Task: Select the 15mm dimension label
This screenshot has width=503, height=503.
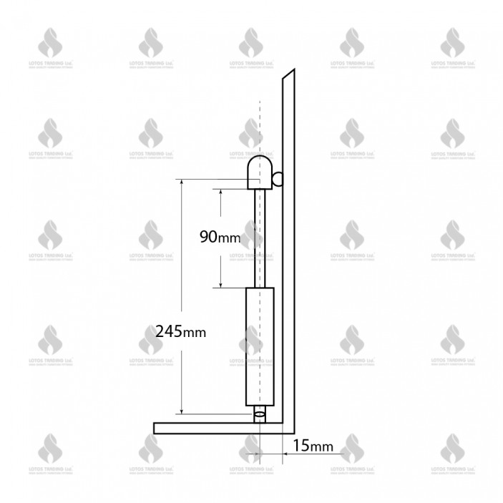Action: [313, 446]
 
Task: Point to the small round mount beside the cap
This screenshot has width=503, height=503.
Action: [278, 178]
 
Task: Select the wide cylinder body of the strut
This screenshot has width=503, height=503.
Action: [260, 348]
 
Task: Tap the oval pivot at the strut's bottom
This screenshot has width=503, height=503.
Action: [260, 413]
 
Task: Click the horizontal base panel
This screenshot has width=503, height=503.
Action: [215, 428]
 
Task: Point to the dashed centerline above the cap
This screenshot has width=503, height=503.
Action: [260, 129]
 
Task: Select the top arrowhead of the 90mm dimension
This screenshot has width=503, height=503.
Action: [221, 192]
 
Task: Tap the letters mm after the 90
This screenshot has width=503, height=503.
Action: [230, 238]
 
